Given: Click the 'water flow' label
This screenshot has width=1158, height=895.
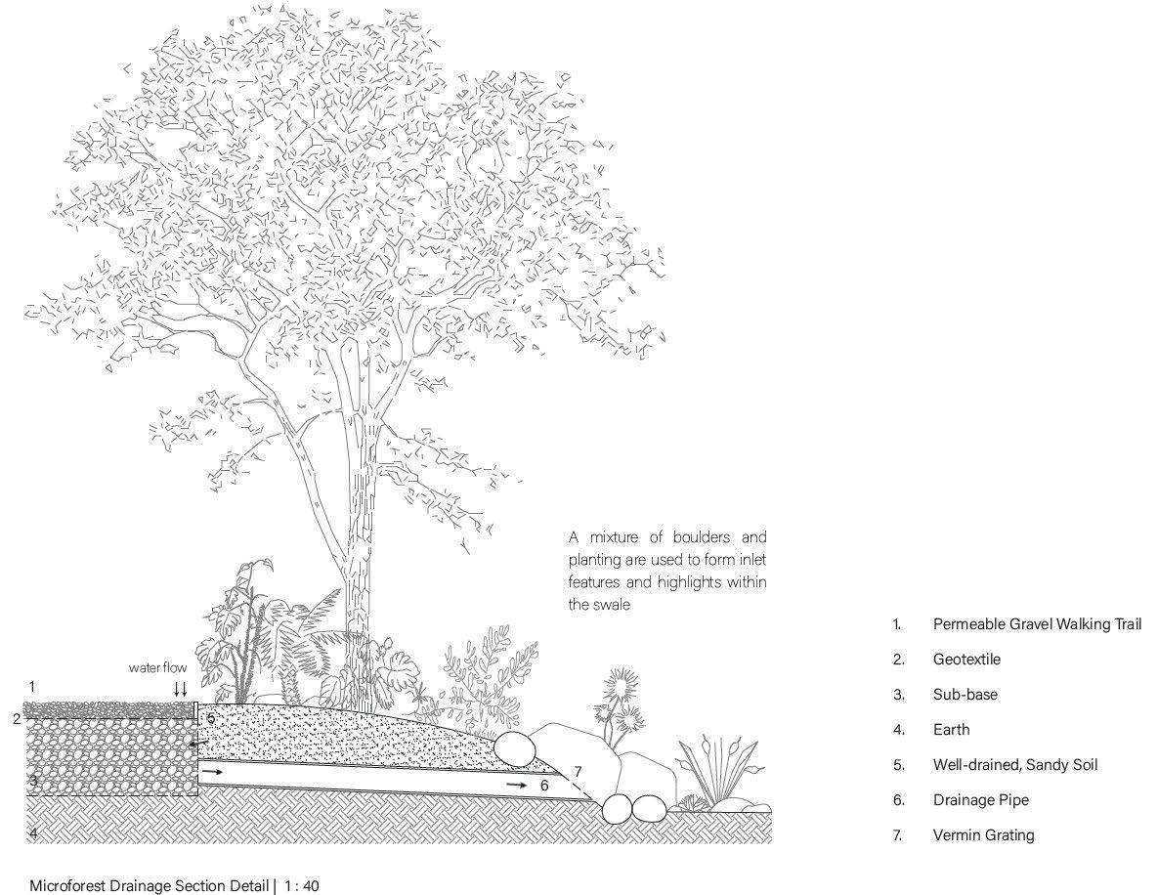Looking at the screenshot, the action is [157, 668].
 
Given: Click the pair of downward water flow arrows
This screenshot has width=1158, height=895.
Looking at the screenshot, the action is [180, 688].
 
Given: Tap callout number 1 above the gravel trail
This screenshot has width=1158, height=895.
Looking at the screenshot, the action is [32, 687].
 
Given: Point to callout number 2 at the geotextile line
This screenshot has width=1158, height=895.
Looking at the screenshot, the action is [17, 719].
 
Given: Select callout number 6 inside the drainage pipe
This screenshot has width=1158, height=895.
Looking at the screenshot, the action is [544, 785].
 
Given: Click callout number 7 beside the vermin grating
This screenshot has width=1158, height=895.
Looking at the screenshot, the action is [578, 771].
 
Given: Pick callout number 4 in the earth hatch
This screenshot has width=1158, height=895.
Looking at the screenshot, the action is [32, 833].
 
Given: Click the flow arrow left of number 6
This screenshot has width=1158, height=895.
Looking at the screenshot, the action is [515, 785].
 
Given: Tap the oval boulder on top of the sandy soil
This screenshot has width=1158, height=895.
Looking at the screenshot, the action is [515, 749].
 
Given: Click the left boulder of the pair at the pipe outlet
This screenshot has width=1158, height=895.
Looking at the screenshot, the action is [617, 809].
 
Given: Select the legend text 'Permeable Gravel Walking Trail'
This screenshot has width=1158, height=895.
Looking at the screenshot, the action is [1037, 623].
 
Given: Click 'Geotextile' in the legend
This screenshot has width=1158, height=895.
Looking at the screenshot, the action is [966, 659].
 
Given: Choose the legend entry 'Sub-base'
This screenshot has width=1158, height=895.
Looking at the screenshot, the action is [965, 694].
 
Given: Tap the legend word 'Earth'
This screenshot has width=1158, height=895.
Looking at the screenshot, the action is [951, 729].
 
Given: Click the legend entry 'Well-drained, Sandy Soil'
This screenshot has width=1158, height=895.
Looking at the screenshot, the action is [1015, 764].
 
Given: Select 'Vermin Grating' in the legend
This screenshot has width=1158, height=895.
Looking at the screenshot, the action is [983, 834].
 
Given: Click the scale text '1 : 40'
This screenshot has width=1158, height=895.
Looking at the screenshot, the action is [302, 886].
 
